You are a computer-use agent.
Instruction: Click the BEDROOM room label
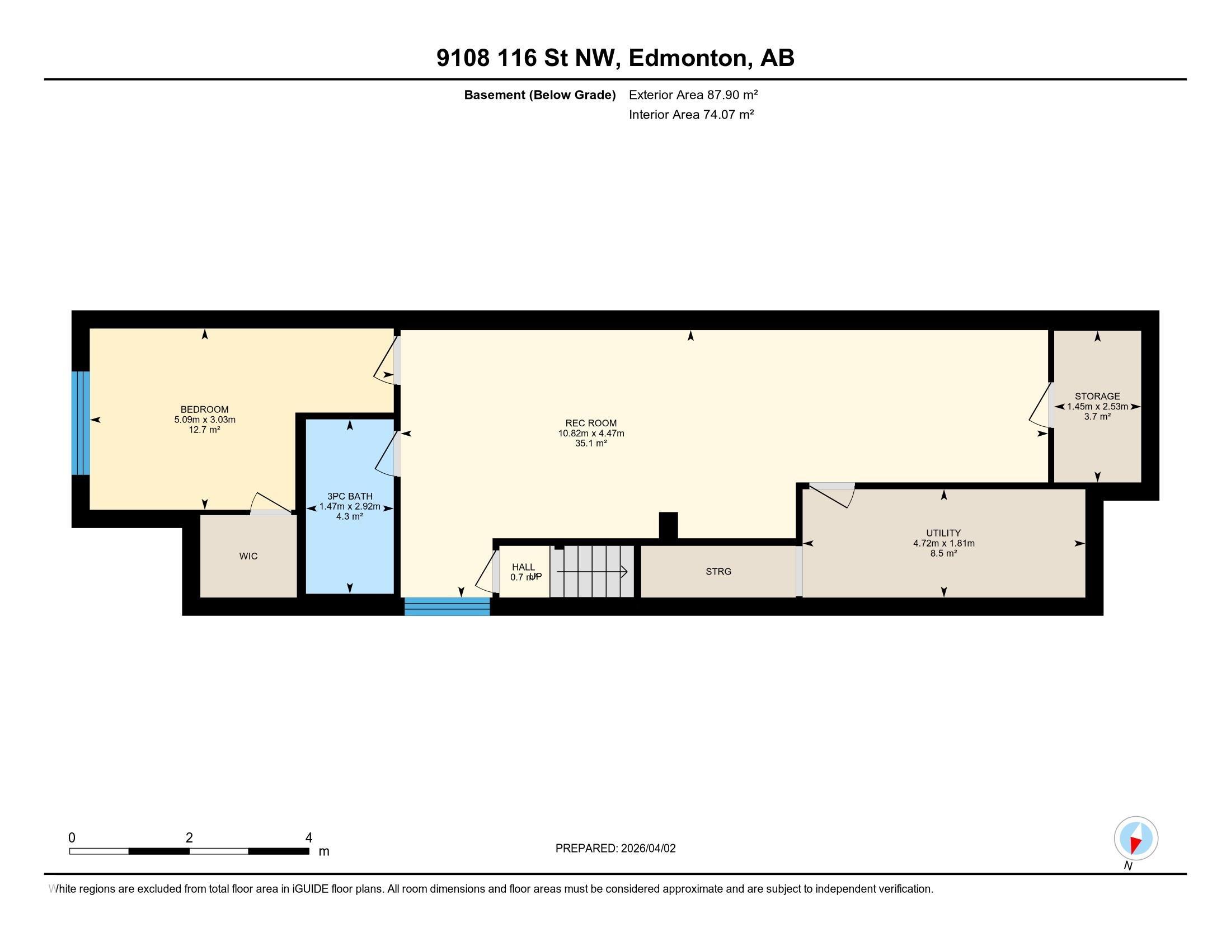(204, 409)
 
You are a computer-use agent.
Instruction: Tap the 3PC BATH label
(350, 496)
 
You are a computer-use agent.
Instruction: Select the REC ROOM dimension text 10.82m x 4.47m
(591, 433)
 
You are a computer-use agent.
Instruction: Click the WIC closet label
(248, 556)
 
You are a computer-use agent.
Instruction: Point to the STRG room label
(718, 571)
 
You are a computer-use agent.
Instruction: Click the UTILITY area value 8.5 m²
(943, 553)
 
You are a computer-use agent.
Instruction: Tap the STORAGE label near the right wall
(1097, 396)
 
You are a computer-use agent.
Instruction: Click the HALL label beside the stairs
(523, 567)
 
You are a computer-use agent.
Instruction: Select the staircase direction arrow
(593, 572)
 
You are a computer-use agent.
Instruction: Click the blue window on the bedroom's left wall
(81, 422)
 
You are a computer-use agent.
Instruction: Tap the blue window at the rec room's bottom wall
(447, 606)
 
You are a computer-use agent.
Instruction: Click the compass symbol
(1136, 838)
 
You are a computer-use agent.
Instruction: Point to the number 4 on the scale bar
(308, 838)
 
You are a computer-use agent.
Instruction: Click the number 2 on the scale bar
(189, 838)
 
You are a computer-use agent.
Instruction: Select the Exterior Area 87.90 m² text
(693, 95)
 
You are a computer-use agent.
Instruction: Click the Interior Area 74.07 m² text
(691, 114)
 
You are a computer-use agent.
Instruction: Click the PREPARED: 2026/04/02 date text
(615, 849)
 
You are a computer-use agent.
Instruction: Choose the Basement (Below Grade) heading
(539, 95)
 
